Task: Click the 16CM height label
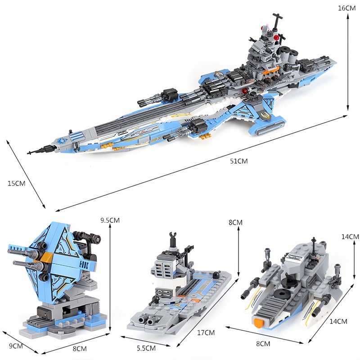coord(346,8)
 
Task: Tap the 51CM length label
coord(239,161)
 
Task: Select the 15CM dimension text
coord(17,184)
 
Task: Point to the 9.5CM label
coord(110,220)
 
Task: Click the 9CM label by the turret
coord(16,346)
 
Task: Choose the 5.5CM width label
coord(146,348)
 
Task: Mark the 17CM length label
coord(206,333)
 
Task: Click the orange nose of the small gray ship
coord(259,322)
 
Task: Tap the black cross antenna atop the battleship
coord(277,21)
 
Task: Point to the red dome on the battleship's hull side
coord(246,91)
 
